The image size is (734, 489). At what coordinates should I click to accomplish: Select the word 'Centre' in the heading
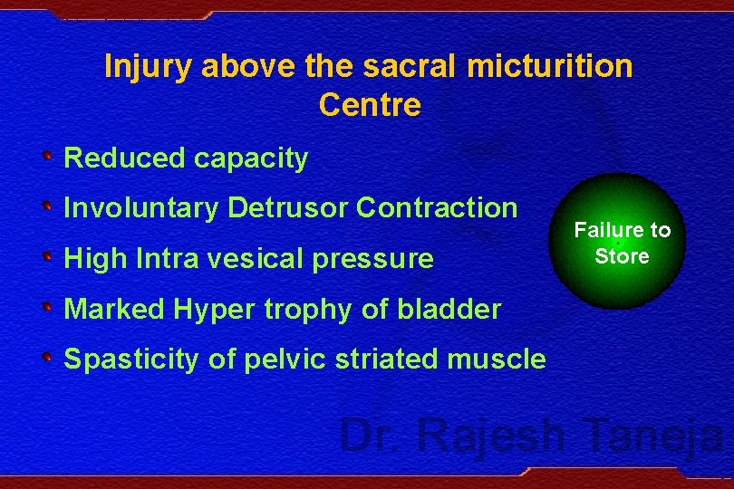[370, 106]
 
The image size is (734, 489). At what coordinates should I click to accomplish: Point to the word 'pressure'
[391, 260]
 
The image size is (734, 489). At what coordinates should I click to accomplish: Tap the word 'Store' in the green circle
[622, 256]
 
